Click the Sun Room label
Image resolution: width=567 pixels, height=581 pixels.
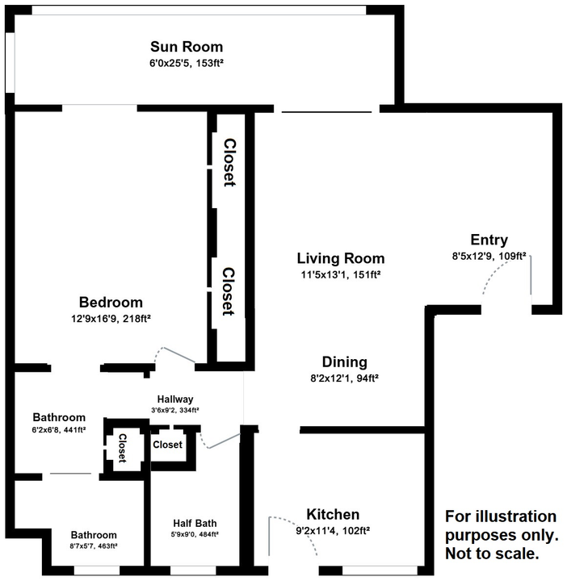[187, 47]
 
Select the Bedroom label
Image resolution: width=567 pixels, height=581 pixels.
[110, 303]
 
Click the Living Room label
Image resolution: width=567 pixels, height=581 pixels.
[340, 259]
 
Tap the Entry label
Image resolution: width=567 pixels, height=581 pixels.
[489, 240]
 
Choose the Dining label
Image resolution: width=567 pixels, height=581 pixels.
[345, 362]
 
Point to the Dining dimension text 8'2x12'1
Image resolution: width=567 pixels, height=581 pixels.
[345, 377]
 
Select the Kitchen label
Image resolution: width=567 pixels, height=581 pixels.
[333, 515]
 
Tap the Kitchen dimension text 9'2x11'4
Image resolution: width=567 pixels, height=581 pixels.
[333, 530]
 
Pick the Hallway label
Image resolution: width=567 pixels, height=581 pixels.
[175, 399]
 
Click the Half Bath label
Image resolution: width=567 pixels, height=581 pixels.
[195, 522]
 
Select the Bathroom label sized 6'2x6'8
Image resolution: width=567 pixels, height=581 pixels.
[59, 417]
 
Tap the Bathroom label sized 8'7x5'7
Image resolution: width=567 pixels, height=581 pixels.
[94, 535]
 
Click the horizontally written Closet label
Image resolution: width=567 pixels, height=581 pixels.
[167, 445]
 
